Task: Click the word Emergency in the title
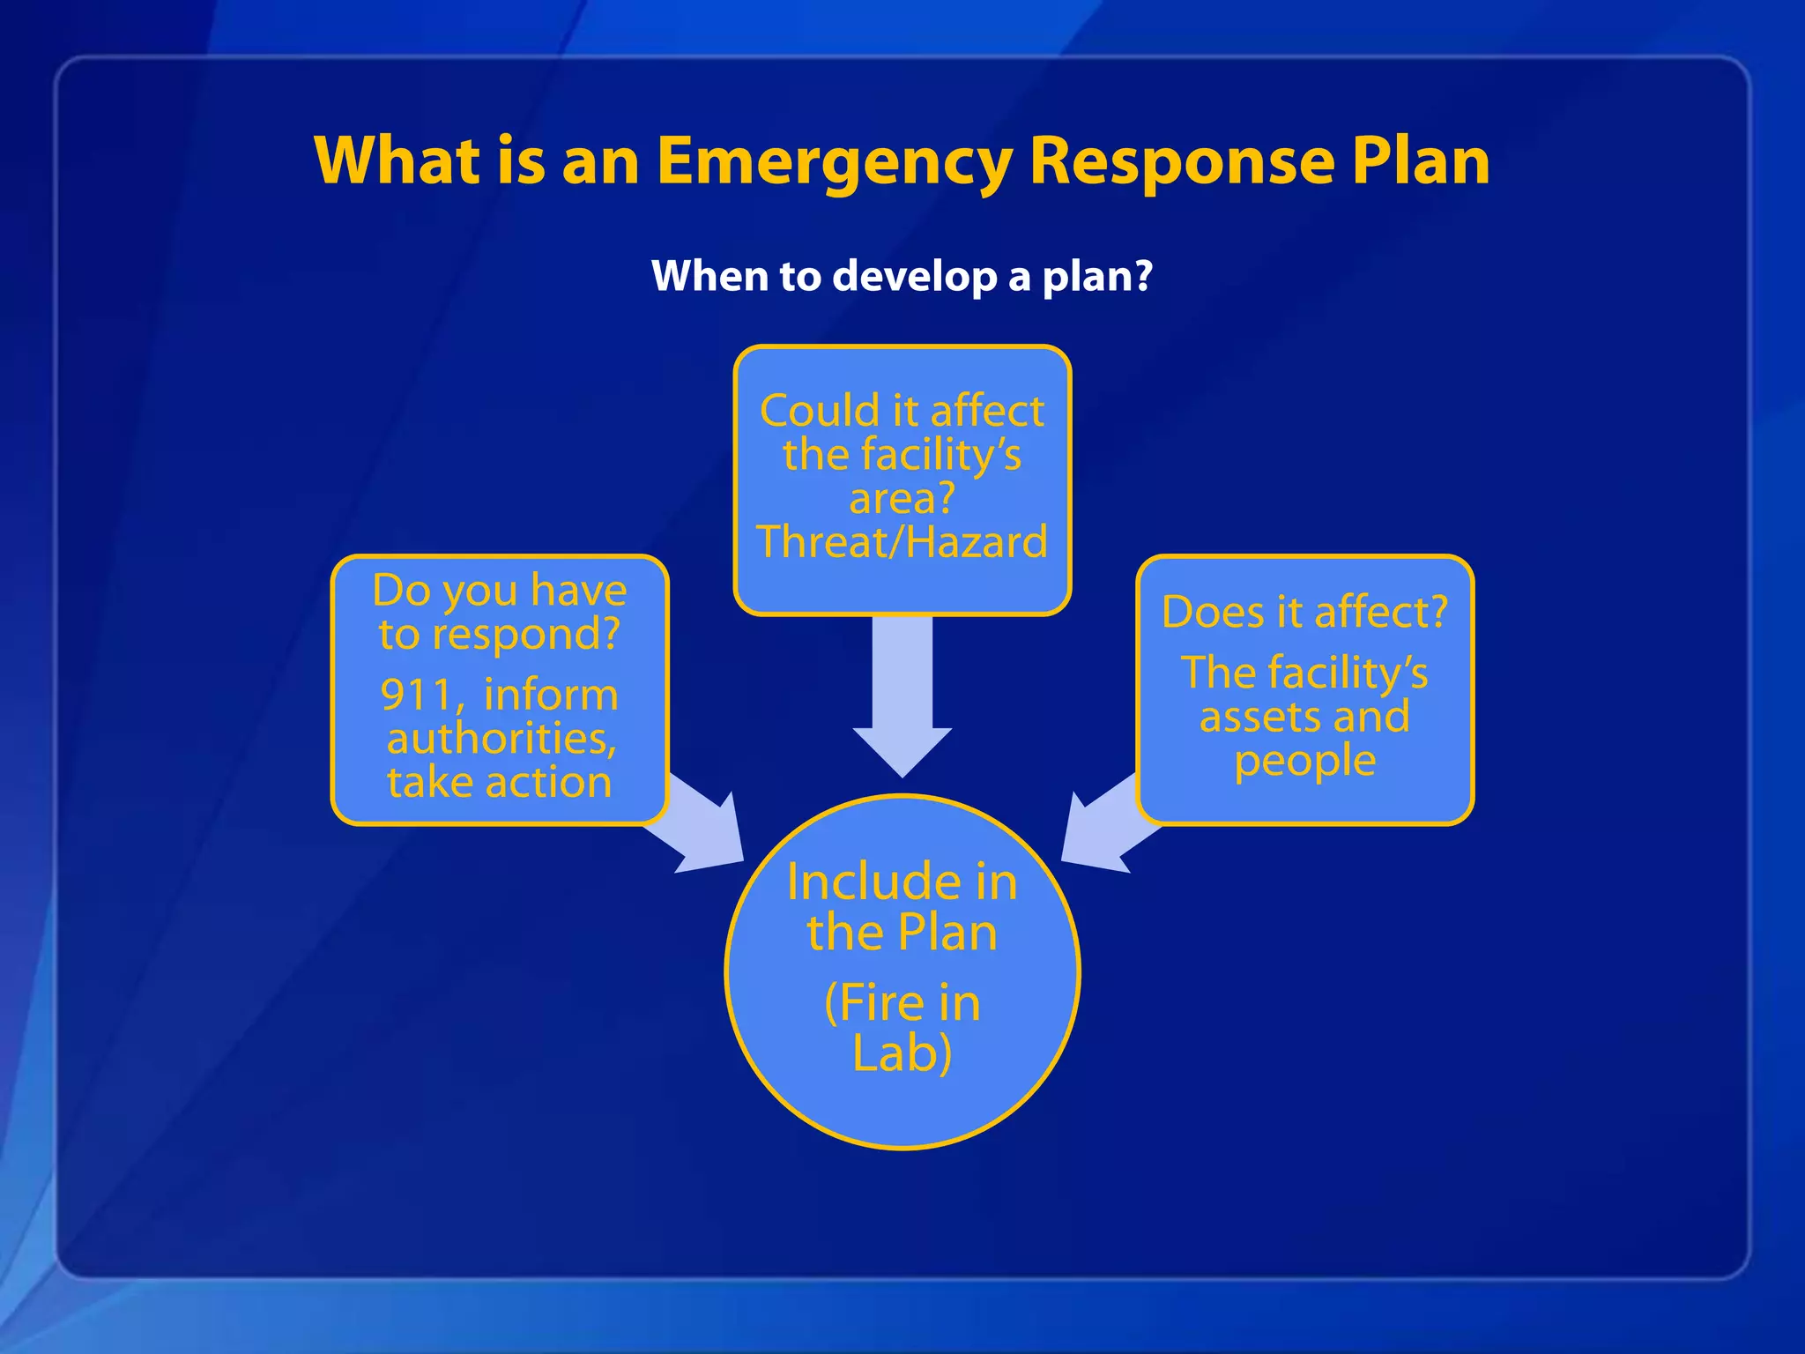[x=834, y=163]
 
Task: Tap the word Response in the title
[x=1181, y=161]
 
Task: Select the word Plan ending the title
[x=1420, y=161]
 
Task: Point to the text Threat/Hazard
[x=902, y=542]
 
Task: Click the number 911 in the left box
[x=417, y=695]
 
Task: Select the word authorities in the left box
[x=500, y=739]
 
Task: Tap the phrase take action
[x=500, y=783]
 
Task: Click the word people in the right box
[x=1304, y=762]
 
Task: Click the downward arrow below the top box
[x=902, y=696]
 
